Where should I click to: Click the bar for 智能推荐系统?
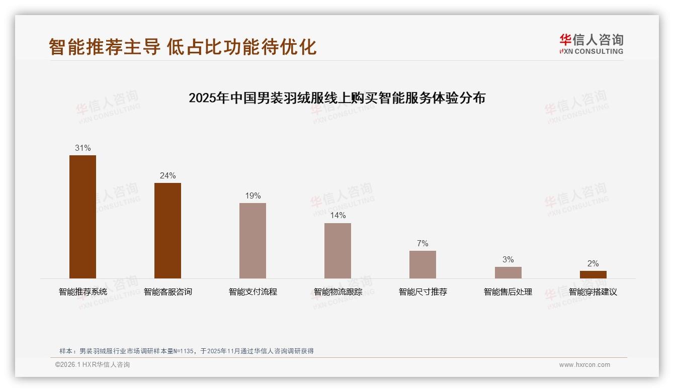[82, 217]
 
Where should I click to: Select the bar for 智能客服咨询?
[167, 230]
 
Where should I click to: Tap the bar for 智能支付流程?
[252, 240]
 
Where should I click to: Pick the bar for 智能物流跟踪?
[338, 250]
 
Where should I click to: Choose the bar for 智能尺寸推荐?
[423, 264]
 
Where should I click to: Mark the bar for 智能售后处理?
[508, 272]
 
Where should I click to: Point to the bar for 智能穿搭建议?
[593, 274]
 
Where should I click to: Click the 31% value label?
[82, 148]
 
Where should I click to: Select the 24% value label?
[167, 176]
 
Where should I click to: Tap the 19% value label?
[252, 196]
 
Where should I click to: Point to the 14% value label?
[338, 216]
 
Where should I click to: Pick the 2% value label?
[593, 264]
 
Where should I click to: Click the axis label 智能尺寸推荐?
[423, 292]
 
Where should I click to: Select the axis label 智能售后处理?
[508, 292]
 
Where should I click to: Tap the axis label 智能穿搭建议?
[593, 292]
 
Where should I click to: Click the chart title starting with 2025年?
[337, 98]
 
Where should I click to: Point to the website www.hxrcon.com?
[584, 365]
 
